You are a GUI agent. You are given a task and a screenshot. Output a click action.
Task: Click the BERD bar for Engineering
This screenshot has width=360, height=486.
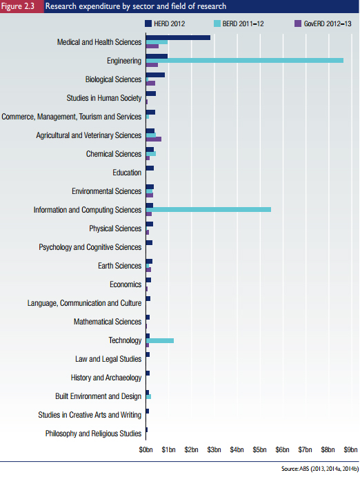(x=245, y=61)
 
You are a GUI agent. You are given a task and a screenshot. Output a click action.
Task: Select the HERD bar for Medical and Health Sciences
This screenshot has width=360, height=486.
(x=178, y=37)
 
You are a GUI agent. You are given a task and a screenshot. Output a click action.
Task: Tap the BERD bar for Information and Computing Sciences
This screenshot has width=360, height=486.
(x=208, y=210)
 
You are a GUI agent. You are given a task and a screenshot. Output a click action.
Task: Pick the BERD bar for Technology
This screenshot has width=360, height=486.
(x=160, y=340)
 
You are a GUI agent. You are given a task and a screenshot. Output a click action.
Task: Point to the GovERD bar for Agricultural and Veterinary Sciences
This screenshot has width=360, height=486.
(x=154, y=139)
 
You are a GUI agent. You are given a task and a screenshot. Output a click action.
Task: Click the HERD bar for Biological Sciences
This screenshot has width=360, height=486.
(x=155, y=75)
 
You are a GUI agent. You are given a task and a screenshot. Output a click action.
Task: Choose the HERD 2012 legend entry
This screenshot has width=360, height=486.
(x=165, y=23)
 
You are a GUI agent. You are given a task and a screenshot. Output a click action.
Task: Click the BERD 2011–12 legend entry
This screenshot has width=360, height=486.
(x=239, y=23)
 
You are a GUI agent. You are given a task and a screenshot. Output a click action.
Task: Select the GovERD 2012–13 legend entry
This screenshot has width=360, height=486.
(x=323, y=23)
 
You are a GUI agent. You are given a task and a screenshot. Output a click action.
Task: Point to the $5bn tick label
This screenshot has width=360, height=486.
(x=259, y=449)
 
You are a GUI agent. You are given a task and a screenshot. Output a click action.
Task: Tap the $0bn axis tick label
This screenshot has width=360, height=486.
(x=146, y=449)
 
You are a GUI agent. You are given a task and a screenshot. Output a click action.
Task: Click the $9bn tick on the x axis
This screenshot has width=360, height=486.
(x=350, y=449)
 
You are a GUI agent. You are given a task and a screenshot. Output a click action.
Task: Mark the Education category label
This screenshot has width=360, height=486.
(x=127, y=173)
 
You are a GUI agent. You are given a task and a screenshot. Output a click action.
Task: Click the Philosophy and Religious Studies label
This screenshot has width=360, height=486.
(x=93, y=434)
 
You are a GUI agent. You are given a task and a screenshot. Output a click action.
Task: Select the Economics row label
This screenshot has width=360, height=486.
(x=126, y=284)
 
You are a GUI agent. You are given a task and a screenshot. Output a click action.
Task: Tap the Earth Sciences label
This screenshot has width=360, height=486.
(x=119, y=266)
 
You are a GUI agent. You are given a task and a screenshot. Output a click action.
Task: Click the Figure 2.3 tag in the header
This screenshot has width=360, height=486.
(x=18, y=6)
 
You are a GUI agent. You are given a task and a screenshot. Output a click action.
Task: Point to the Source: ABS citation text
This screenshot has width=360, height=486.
(x=320, y=469)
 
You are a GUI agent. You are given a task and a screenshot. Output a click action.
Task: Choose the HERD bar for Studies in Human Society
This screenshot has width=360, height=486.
(x=151, y=94)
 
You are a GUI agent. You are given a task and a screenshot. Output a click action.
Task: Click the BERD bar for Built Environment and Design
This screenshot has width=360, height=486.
(x=148, y=397)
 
